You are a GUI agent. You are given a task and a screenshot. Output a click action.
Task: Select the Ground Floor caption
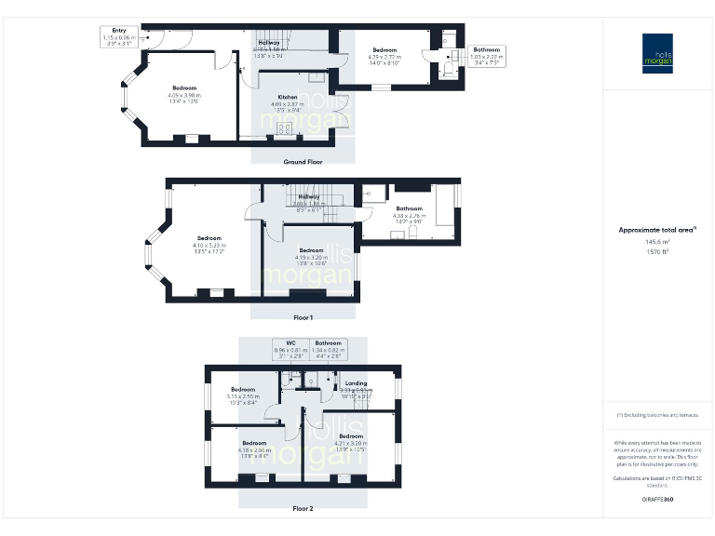pos(303,161)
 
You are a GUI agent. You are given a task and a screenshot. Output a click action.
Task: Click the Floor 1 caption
pos(303,318)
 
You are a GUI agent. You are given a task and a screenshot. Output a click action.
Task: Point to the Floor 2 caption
pos(303,509)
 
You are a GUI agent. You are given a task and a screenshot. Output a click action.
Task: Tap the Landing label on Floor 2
pos(355,383)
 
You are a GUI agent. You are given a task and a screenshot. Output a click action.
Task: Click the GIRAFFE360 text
pos(658,501)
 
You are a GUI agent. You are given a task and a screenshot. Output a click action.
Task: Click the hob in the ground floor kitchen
pos(284,128)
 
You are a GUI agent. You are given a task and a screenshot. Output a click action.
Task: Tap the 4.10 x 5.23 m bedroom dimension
pos(210,245)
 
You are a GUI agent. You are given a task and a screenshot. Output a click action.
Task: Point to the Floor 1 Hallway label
pos(309,196)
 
